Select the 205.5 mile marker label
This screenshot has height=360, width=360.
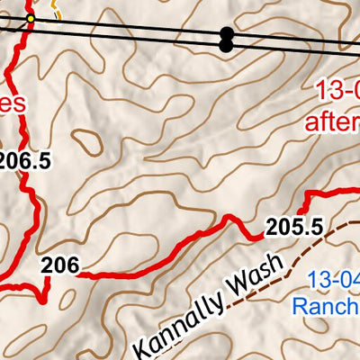(x=294, y=228)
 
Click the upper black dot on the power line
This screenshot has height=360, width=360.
(x=225, y=33)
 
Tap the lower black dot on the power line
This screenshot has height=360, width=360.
(x=225, y=45)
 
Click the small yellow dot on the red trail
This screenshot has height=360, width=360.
(x=30, y=18)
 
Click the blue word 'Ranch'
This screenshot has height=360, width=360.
(x=327, y=307)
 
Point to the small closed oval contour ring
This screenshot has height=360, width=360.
(x=87, y=139)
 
